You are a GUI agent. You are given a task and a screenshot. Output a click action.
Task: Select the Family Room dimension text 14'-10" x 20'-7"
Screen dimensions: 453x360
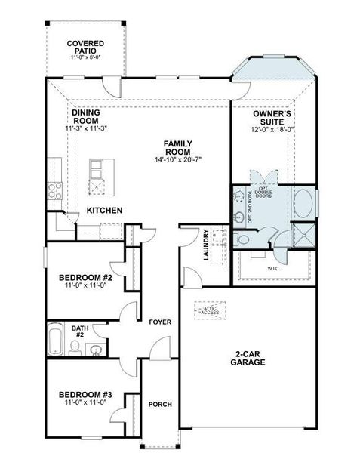click(178, 159)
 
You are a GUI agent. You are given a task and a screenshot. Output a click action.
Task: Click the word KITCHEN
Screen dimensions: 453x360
click(105, 210)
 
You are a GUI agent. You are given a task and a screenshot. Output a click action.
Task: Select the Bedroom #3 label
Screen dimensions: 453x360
click(85, 396)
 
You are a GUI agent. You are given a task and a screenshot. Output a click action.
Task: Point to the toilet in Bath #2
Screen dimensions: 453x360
click(75, 347)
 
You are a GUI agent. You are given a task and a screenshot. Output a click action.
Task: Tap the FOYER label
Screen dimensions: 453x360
click(159, 322)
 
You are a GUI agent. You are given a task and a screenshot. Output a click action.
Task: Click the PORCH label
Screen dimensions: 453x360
click(159, 405)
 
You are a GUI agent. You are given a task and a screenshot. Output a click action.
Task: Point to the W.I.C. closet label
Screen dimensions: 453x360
click(273, 267)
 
